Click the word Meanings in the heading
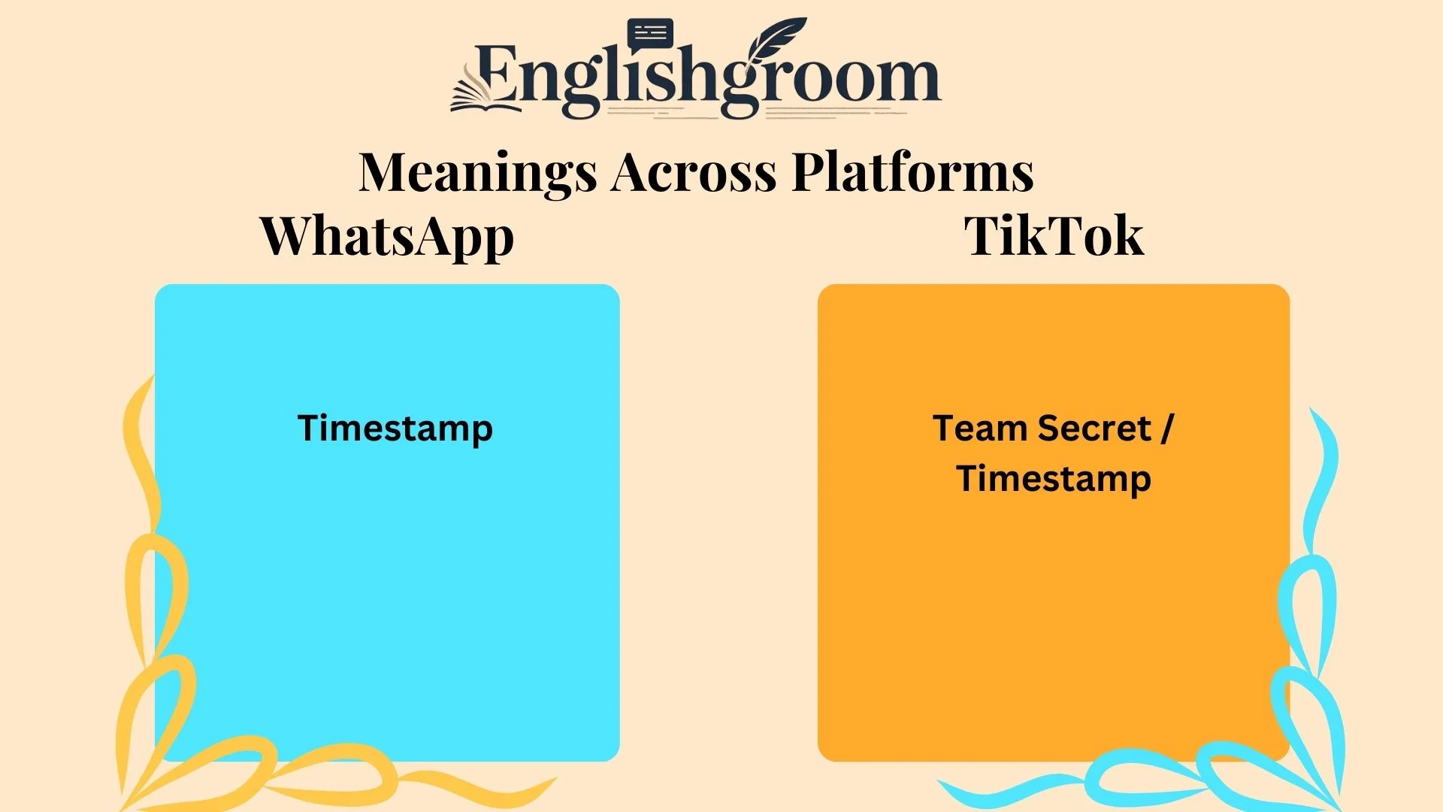[x=478, y=173]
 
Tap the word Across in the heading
[x=694, y=173]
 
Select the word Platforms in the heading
[x=913, y=173]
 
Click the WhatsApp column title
[x=387, y=237]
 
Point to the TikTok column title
[x=1054, y=237]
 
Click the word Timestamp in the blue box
[x=395, y=429]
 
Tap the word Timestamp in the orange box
[x=1054, y=479]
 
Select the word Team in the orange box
[x=980, y=429]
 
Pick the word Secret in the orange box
[x=1094, y=429]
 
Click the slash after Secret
[x=1166, y=429]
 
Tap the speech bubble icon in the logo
[x=650, y=35]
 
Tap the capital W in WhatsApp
[x=289, y=237]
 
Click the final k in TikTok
[x=1127, y=237]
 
